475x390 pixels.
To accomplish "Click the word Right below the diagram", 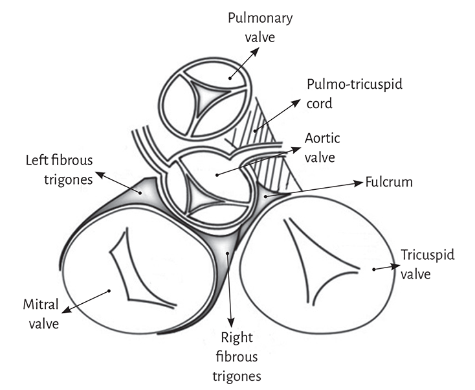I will pyautogui.click(x=236, y=337).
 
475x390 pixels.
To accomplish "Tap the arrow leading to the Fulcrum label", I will pyautogui.click(x=317, y=188).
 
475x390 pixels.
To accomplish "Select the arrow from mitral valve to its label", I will pyautogui.click(x=84, y=303).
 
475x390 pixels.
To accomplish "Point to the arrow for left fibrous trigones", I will pyautogui.click(x=116, y=181).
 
